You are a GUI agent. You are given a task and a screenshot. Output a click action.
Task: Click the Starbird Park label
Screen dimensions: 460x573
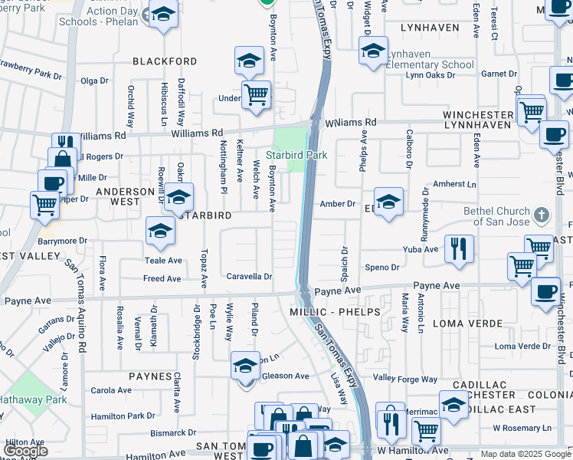296,156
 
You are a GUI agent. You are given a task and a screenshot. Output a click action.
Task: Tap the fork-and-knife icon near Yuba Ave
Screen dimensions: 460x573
459,248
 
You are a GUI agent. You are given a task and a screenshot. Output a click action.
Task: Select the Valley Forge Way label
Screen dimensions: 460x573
404,379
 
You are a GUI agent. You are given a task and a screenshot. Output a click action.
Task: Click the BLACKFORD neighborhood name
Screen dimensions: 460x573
165,61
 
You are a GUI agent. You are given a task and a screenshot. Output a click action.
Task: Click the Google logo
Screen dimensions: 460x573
25,451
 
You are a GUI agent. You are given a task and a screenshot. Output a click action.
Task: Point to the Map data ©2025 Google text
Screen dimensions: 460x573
525,454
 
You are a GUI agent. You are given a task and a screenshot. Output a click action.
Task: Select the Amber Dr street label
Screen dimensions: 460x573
338,204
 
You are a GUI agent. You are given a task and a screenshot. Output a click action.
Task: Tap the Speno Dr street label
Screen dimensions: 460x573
381,268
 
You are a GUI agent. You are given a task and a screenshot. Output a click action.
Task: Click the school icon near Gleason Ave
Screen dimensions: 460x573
245,366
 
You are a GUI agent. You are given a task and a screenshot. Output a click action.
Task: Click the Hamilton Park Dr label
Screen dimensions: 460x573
123,416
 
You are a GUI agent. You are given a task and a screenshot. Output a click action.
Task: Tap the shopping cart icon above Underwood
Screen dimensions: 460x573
256,95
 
